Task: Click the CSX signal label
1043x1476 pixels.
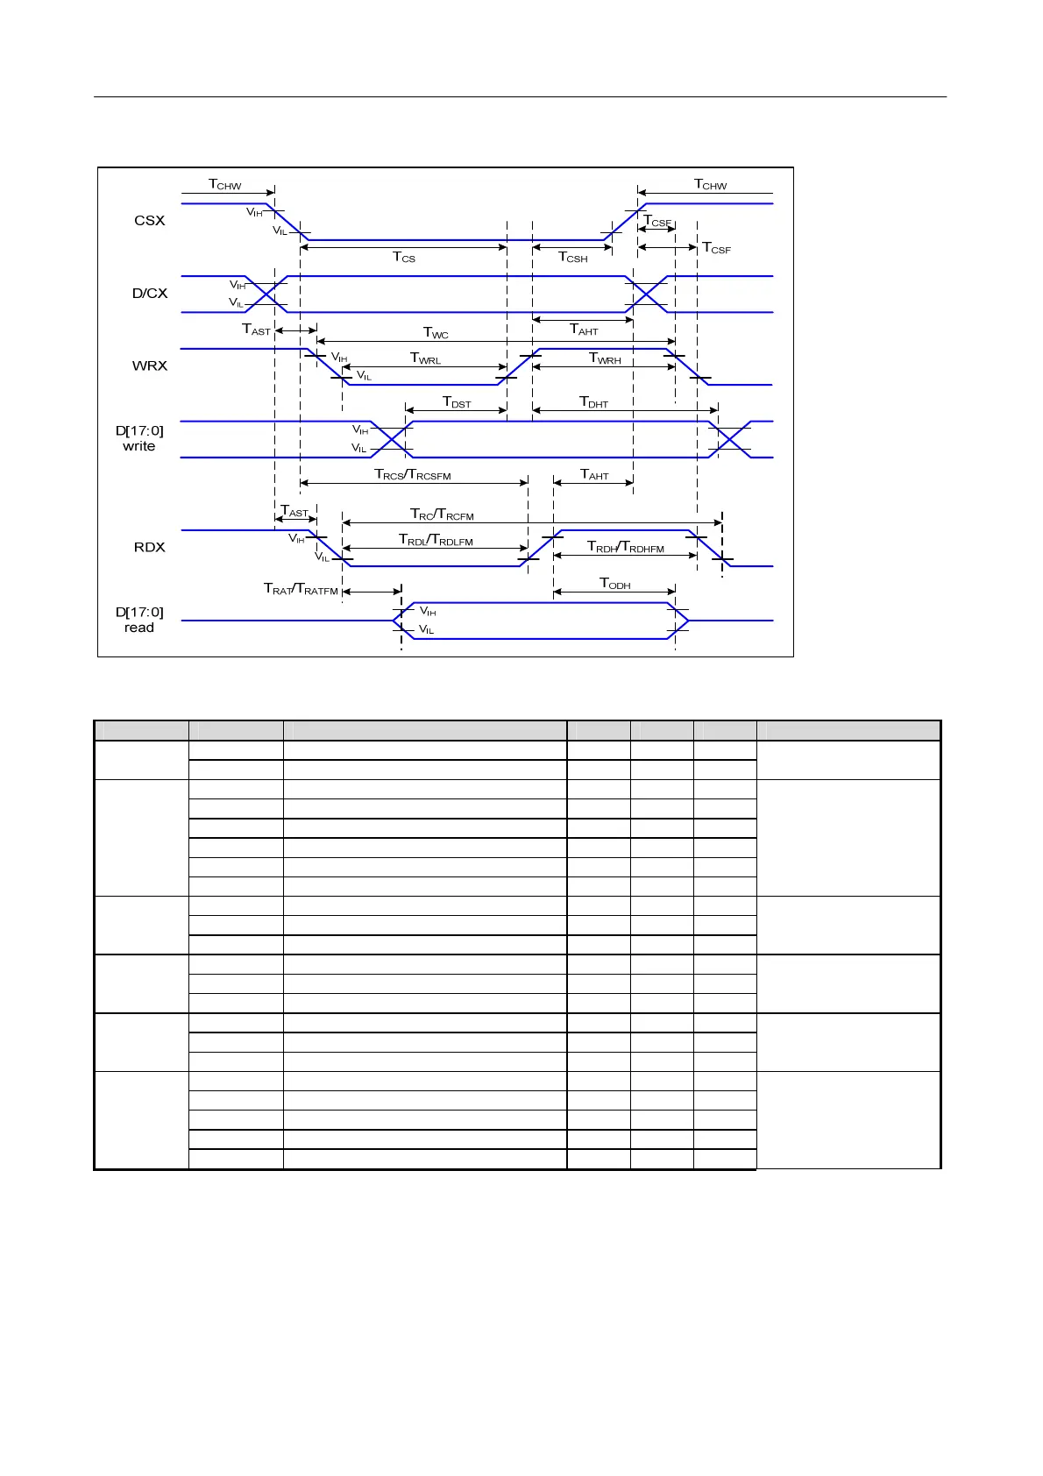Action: pyautogui.click(x=149, y=221)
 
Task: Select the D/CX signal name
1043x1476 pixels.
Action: pyautogui.click(x=150, y=294)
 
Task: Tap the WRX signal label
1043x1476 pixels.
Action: pyautogui.click(x=150, y=366)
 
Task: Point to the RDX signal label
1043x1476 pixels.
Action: pyautogui.click(x=150, y=548)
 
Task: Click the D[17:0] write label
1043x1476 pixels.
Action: pyautogui.click(x=139, y=438)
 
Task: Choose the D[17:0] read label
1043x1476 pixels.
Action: pyautogui.click(x=139, y=620)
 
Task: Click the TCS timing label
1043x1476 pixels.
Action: pyautogui.click(x=404, y=258)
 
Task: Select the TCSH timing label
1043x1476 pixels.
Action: pyautogui.click(x=573, y=258)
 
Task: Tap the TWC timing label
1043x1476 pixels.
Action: pyautogui.click(x=436, y=333)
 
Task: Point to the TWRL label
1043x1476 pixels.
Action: pyautogui.click(x=425, y=358)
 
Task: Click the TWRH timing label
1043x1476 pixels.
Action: pyautogui.click(x=605, y=358)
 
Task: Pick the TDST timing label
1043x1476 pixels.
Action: pyautogui.click(x=457, y=402)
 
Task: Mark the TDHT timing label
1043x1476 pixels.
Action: pyautogui.click(x=593, y=402)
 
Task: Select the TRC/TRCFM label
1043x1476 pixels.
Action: pyautogui.click(x=442, y=514)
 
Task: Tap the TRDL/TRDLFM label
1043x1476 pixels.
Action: pyautogui.click(x=436, y=540)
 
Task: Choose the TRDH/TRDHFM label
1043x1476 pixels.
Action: pyautogui.click(x=625, y=547)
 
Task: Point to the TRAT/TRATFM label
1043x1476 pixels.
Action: pyautogui.click(x=301, y=589)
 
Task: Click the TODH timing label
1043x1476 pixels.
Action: pyautogui.click(x=614, y=584)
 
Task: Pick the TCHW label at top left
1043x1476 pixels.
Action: pyautogui.click(x=224, y=185)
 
